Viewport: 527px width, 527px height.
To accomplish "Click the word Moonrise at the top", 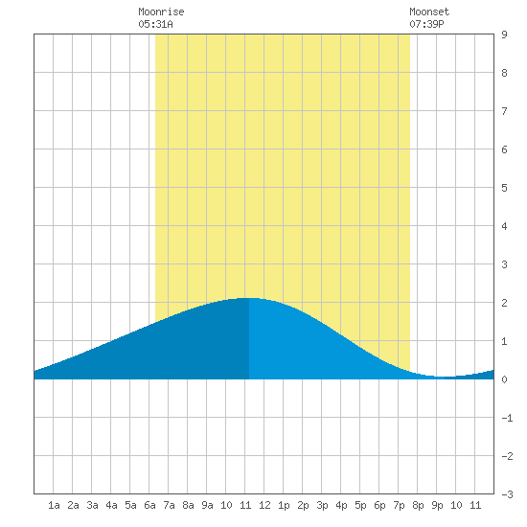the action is (x=161, y=11).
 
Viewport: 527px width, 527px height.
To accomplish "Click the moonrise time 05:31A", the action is (x=155, y=24).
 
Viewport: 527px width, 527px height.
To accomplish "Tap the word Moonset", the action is (x=429, y=11).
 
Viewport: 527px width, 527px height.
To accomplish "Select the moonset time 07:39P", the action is (x=426, y=24).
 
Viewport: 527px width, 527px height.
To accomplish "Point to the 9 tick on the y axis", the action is (x=504, y=34).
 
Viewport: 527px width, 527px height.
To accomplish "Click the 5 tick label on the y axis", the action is (x=504, y=188).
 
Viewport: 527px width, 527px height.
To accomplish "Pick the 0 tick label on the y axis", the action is (x=504, y=379).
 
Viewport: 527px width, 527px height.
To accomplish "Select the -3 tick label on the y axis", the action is (x=507, y=494).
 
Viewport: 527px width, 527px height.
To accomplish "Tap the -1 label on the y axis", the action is (x=507, y=418).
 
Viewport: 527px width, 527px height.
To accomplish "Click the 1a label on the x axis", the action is (x=54, y=505).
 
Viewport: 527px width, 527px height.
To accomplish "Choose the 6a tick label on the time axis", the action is (x=149, y=505).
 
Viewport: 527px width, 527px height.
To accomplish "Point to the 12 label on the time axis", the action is (x=264, y=505).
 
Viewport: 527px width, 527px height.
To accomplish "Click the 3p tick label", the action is (x=322, y=505).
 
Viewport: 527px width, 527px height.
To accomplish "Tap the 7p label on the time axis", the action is (x=399, y=505).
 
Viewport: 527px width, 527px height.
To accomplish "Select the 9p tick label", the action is (x=437, y=505).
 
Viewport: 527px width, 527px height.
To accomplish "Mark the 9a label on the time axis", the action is (x=207, y=505).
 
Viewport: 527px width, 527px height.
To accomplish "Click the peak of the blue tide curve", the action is (x=249, y=298).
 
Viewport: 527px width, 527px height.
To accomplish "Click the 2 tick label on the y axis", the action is (x=504, y=303).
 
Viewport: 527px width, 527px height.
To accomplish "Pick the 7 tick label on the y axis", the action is (x=504, y=111).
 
